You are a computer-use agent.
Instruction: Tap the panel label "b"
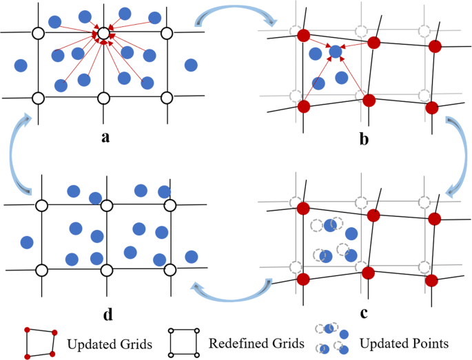pos(363,140)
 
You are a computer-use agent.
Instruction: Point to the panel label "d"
pos(107,315)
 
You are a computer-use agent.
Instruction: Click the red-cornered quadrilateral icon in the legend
pos(39,343)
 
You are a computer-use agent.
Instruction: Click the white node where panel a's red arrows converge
pos(103,32)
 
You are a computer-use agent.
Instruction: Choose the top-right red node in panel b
pos(434,47)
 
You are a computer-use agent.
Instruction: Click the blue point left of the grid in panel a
pos(21,66)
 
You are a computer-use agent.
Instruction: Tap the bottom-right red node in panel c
pos(431,280)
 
